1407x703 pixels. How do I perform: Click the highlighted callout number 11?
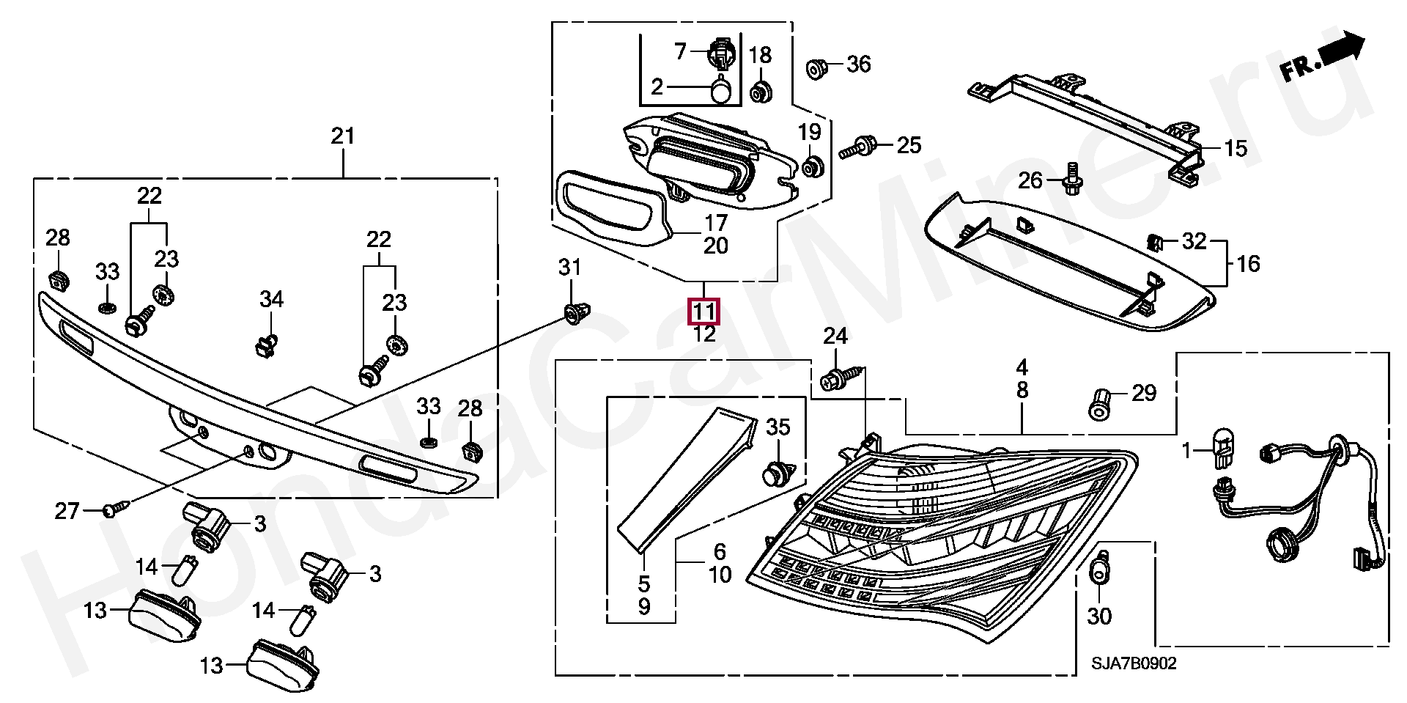(703, 312)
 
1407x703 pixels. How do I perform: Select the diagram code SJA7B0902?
(1134, 664)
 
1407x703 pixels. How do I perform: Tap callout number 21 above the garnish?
(342, 136)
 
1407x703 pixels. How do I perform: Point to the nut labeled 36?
(816, 69)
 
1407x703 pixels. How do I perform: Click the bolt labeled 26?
(1071, 178)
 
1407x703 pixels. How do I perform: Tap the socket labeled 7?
(721, 54)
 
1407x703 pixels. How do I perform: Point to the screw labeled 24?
(841, 379)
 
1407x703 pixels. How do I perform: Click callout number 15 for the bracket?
(1236, 149)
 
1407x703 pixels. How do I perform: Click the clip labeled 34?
(267, 345)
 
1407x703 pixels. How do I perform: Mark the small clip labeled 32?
(1154, 241)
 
